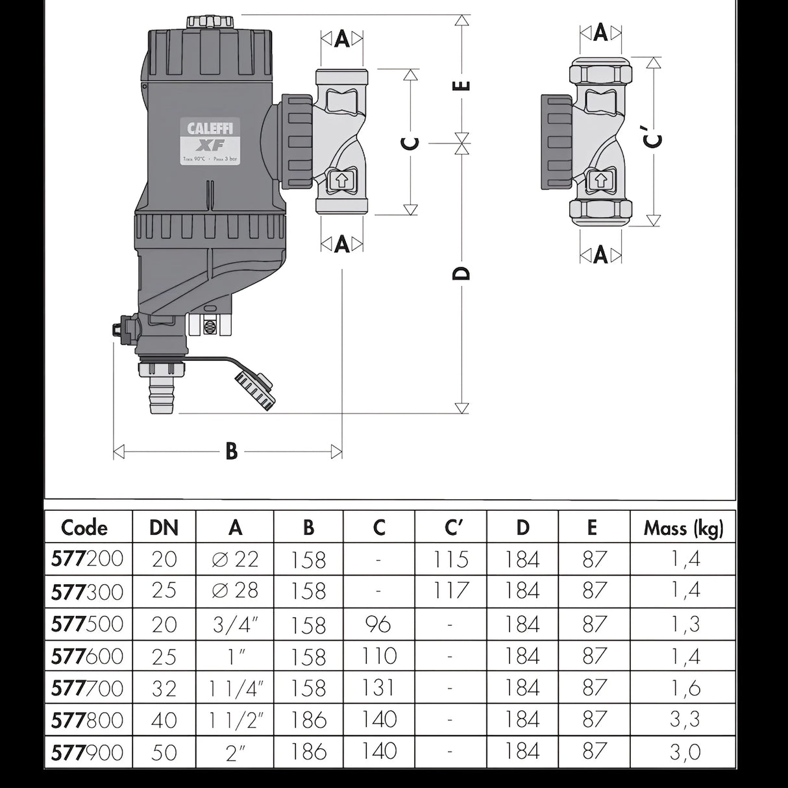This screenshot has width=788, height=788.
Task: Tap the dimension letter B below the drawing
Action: tap(231, 451)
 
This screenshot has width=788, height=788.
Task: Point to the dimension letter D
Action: tap(461, 273)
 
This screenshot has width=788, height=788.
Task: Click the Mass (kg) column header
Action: tap(683, 528)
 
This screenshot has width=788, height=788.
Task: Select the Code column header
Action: tap(84, 528)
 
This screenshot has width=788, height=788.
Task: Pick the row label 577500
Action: tap(87, 624)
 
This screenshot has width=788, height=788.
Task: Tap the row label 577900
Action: tap(87, 752)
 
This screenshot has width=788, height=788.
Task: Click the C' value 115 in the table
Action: tap(450, 560)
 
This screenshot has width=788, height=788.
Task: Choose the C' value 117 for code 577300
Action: tap(450, 591)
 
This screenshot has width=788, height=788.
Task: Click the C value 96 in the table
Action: tap(378, 624)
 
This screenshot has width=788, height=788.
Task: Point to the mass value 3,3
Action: tap(685, 720)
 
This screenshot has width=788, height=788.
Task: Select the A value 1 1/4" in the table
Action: tap(235, 687)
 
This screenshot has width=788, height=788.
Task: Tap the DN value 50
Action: tap(164, 752)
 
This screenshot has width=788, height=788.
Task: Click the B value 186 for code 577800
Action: tap(308, 720)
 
